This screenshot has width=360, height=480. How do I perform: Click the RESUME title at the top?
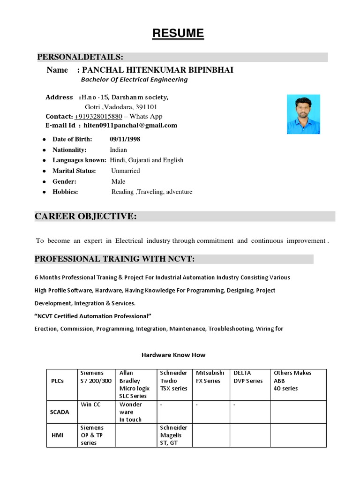178,33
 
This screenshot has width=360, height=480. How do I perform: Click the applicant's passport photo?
303,114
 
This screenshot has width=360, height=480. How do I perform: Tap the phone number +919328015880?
98,116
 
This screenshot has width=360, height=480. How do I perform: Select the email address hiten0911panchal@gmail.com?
130,125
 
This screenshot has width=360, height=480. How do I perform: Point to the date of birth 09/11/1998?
125,139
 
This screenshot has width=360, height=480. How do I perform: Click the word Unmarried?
125,171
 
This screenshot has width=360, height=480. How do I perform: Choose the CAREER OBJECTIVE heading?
86,216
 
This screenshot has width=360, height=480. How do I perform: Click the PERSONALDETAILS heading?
80,57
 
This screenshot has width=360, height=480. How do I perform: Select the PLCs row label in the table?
57,381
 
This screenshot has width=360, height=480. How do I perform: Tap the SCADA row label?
60,412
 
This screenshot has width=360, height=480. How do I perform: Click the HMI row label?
58,435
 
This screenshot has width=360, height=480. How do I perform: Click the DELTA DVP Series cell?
248,377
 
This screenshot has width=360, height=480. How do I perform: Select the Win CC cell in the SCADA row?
90,405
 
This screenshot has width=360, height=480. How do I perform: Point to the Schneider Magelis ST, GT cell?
173,435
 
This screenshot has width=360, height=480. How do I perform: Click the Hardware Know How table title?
173,355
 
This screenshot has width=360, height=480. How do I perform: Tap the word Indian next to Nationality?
118,150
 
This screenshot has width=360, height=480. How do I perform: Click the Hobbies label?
65,192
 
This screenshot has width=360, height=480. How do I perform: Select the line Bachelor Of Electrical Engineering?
134,80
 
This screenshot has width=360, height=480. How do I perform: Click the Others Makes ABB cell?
292,381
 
